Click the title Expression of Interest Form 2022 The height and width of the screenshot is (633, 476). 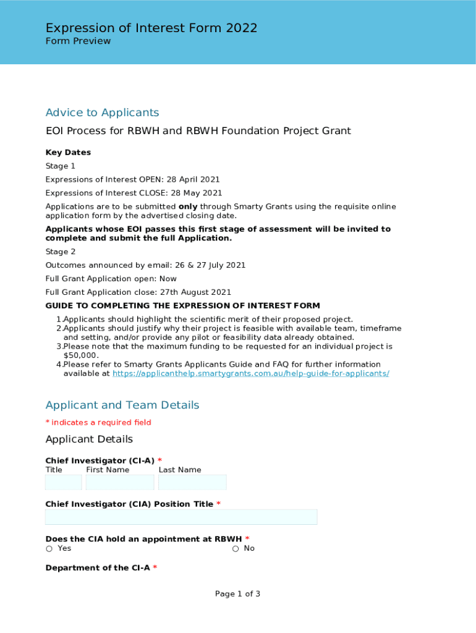(x=151, y=28)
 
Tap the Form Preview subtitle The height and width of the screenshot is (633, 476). (x=78, y=41)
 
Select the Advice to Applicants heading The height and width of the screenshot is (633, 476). (x=102, y=113)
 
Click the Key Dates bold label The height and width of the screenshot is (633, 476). (x=68, y=153)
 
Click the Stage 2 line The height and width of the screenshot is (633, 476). (x=61, y=252)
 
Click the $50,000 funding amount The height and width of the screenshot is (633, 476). (x=81, y=355)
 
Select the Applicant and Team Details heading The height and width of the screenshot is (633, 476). (x=122, y=405)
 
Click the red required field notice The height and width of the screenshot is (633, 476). (x=98, y=423)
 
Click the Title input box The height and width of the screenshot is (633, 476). (x=64, y=482)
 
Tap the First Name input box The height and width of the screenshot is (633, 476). (x=120, y=482)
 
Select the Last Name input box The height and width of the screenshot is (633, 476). (x=192, y=482)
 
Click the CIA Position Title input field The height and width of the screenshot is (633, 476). (x=181, y=517)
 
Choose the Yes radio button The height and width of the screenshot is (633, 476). (x=49, y=549)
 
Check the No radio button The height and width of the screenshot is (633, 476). (x=236, y=549)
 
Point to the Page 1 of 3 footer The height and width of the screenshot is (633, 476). (x=237, y=594)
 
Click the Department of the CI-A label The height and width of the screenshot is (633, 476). (x=98, y=568)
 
